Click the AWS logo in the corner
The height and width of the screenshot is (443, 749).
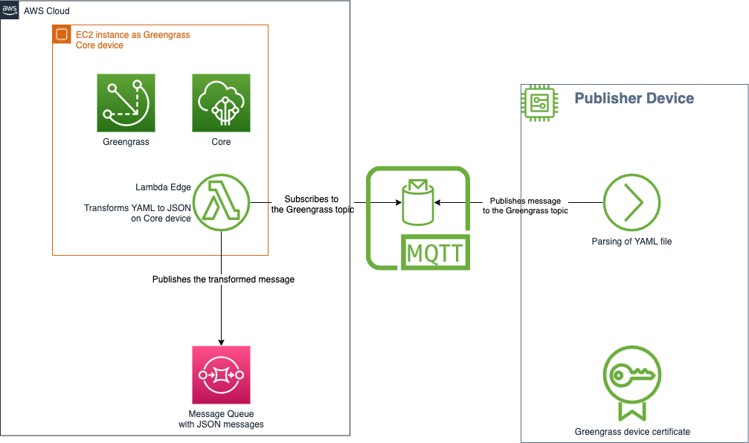click(10, 10)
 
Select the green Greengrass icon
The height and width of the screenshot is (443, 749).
click(126, 103)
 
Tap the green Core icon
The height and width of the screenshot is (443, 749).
click(221, 103)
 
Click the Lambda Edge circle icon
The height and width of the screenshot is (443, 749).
click(221, 202)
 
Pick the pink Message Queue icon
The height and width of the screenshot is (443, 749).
click(221, 374)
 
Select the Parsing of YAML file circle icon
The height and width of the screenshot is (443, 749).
click(631, 202)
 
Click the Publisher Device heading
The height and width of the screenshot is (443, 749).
click(634, 98)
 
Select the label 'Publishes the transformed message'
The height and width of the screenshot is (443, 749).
click(223, 279)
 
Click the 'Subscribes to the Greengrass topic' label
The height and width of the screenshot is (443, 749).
click(312, 204)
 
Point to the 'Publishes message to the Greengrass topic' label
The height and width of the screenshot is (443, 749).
click(525, 206)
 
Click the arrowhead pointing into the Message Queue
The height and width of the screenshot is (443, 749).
click(221, 341)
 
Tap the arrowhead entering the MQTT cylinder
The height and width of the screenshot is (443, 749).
click(438, 202)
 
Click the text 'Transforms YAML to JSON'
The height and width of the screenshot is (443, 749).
click(137, 208)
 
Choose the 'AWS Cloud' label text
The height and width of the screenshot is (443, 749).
click(47, 11)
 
